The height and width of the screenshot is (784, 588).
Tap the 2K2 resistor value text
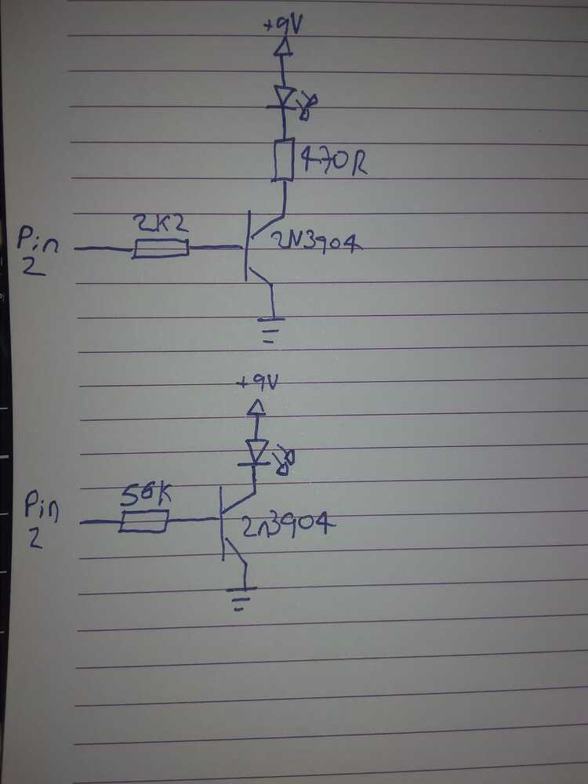(159, 224)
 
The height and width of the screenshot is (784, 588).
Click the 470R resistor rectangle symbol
(284, 160)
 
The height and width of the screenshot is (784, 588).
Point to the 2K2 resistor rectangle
(160, 249)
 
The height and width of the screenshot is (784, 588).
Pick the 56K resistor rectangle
(143, 521)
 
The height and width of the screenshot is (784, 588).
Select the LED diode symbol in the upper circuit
(283, 97)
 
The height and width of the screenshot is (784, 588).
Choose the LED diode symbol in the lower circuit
(257, 451)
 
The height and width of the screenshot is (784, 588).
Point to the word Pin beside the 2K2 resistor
(38, 238)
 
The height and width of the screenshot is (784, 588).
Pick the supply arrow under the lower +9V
(256, 408)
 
